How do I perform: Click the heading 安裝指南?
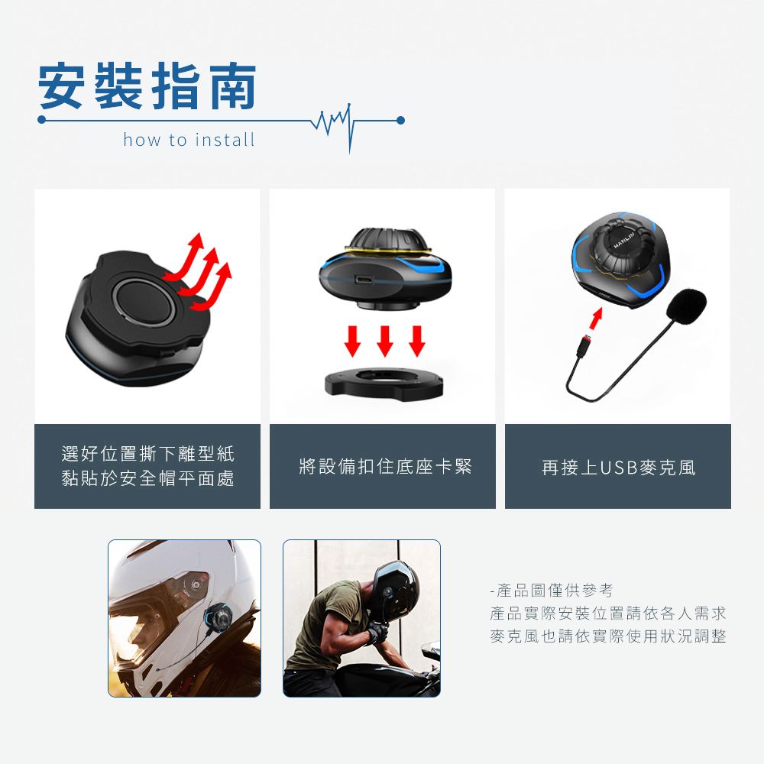click(147, 86)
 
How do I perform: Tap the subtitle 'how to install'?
click(189, 140)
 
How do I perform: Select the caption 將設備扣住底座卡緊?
click(385, 466)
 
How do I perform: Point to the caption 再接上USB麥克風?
click(618, 468)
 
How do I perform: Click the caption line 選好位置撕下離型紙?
click(147, 454)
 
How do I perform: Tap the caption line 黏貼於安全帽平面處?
click(147, 478)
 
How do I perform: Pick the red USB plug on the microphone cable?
click(583, 345)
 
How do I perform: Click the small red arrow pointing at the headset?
click(596, 319)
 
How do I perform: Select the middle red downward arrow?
click(385, 341)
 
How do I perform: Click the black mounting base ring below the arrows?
click(384, 382)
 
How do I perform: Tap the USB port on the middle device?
click(364, 280)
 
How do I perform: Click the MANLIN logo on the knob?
click(624, 240)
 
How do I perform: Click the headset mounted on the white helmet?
click(220, 619)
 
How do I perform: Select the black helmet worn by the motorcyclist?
click(395, 591)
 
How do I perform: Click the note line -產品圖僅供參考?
click(552, 591)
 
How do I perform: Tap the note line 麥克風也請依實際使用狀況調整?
click(608, 636)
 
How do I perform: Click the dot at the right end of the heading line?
click(400, 121)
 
